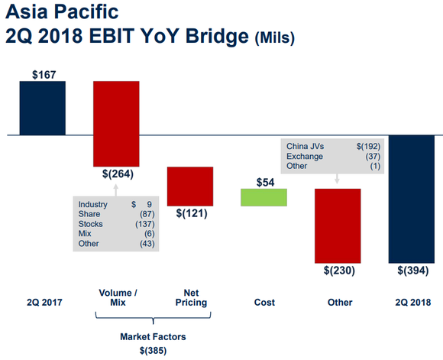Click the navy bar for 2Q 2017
[x=43, y=108]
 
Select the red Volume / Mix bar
[x=116, y=122]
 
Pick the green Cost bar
[x=264, y=196]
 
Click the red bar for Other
[x=338, y=225]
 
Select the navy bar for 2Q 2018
[x=412, y=199]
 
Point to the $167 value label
[x=43, y=74]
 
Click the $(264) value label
[x=117, y=174]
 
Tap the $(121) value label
[x=190, y=213]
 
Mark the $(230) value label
[x=338, y=271]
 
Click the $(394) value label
[x=412, y=271]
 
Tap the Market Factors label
[x=154, y=337]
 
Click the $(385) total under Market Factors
[x=154, y=350]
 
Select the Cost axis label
[x=264, y=303]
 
